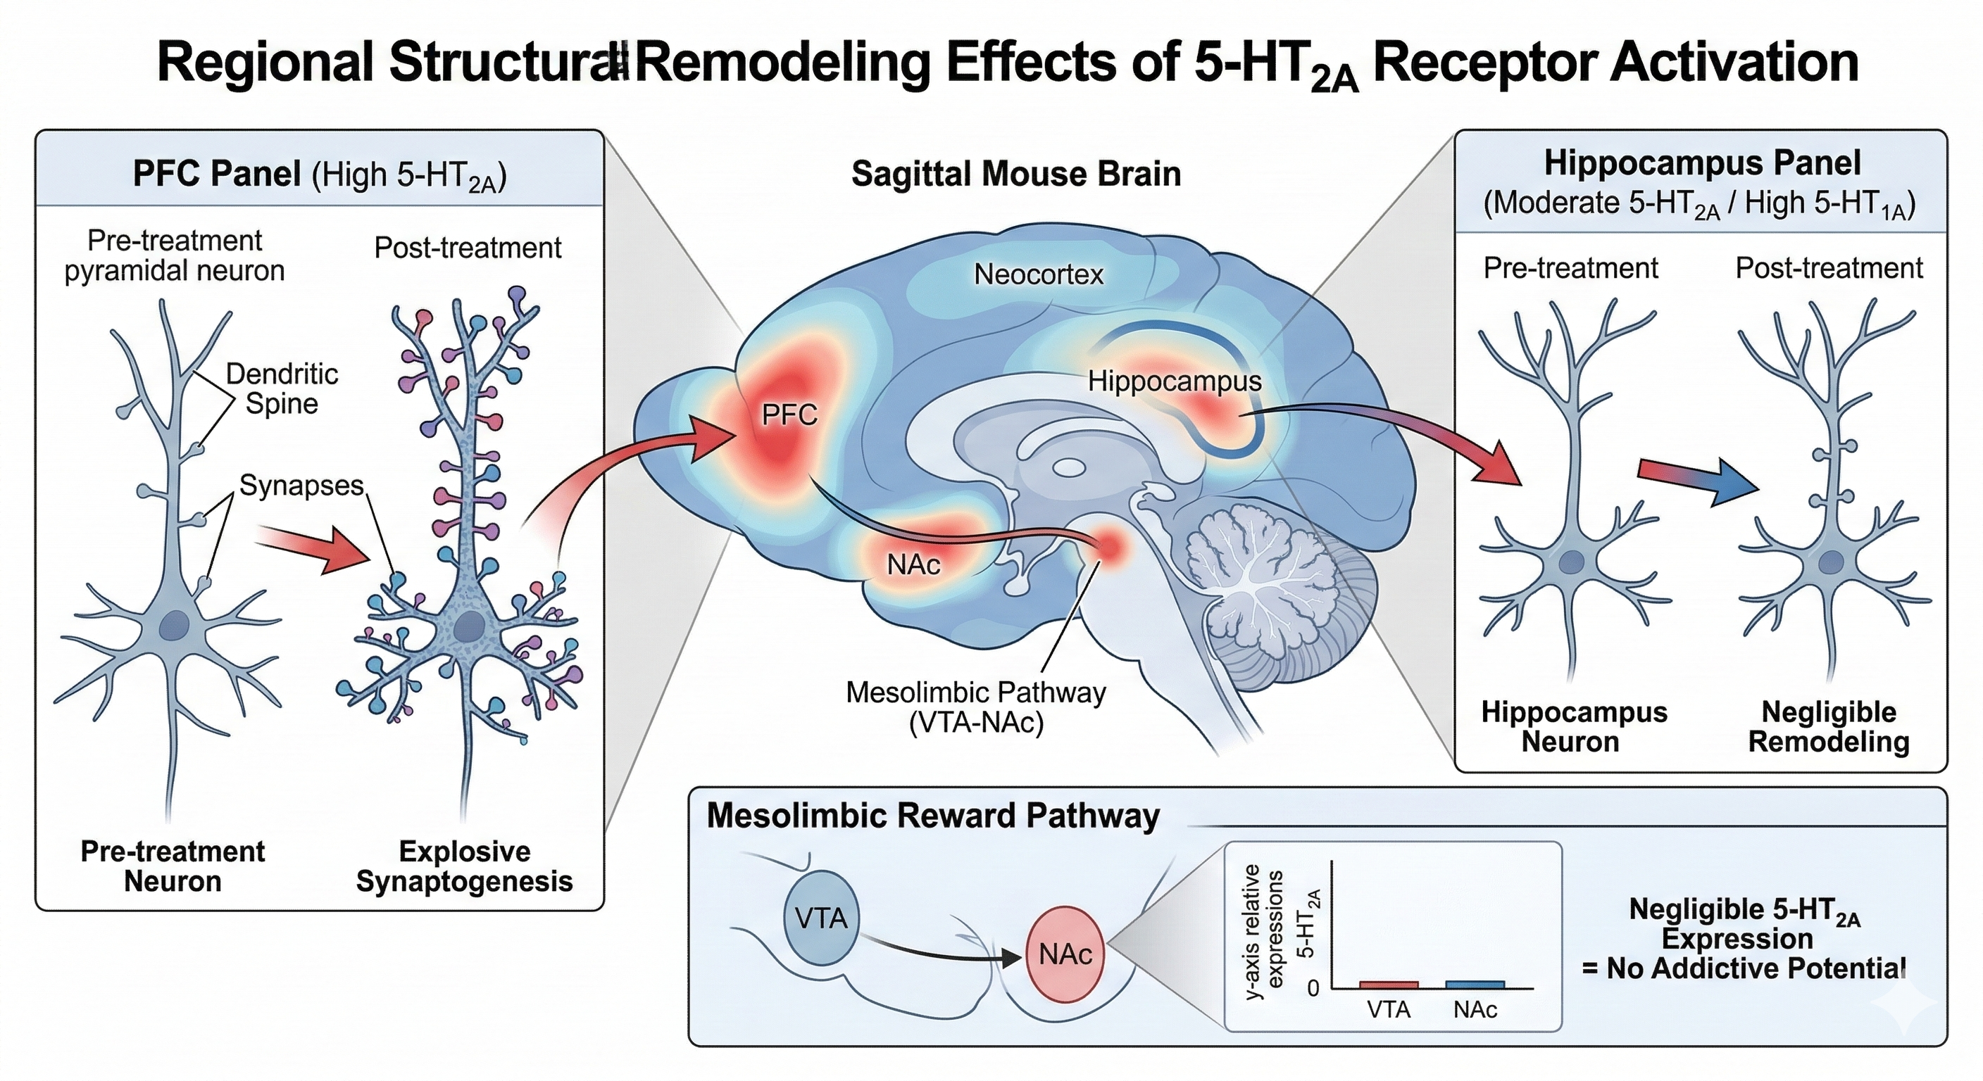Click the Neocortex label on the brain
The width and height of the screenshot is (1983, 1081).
point(1039,274)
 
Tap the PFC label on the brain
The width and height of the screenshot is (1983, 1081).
point(789,415)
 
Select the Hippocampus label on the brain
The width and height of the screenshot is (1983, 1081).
point(1175,381)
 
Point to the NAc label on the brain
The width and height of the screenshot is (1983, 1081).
point(914,564)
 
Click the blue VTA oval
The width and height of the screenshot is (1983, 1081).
point(821,918)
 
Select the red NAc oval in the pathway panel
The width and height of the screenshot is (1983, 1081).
point(1065,954)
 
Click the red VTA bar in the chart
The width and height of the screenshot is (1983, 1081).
point(1389,984)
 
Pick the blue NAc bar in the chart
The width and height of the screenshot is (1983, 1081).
point(1475,984)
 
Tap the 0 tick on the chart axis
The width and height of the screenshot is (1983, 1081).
point(1314,988)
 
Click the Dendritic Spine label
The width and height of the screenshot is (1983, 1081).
point(282,388)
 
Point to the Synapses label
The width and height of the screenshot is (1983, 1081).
point(301,486)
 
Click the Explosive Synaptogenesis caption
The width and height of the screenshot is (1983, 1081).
point(464,866)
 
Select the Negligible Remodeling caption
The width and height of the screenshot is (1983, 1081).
point(1829,726)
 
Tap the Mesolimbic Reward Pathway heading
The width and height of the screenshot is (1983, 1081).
point(933,816)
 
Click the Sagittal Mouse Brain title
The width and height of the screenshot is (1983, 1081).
point(1016,174)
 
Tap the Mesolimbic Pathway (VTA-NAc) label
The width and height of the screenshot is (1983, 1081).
point(976,708)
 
